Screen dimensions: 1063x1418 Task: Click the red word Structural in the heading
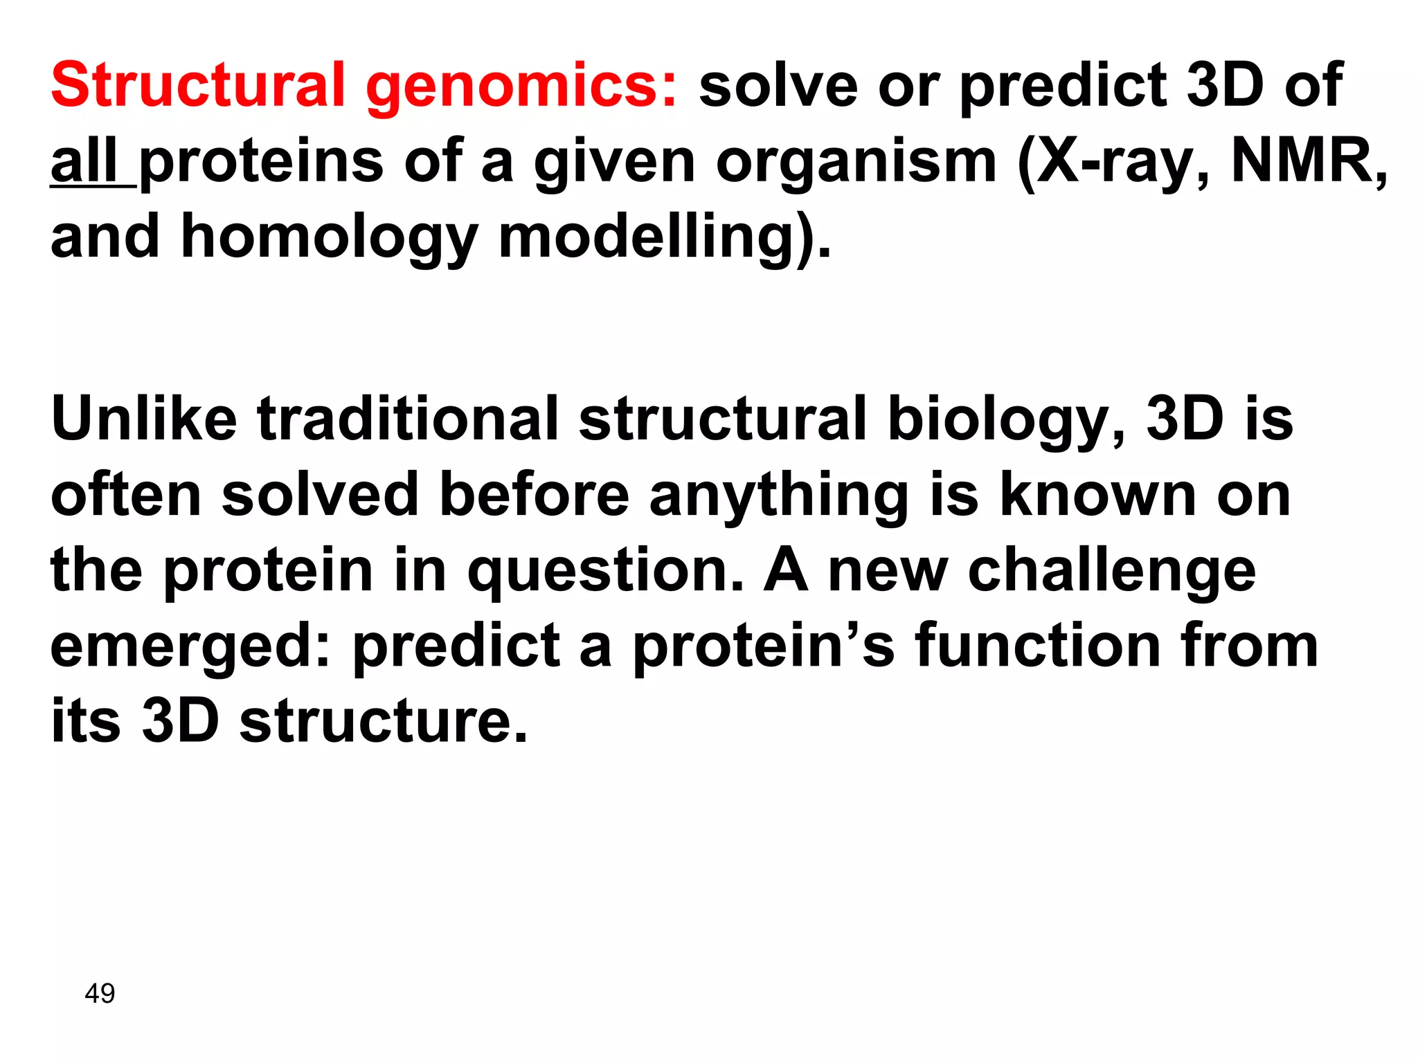[197, 86]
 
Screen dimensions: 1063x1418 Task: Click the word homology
[329, 239]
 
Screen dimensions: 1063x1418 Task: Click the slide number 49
[100, 994]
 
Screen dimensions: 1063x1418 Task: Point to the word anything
[779, 497]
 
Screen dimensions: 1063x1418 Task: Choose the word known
[1098, 496]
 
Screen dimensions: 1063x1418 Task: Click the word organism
[856, 163]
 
